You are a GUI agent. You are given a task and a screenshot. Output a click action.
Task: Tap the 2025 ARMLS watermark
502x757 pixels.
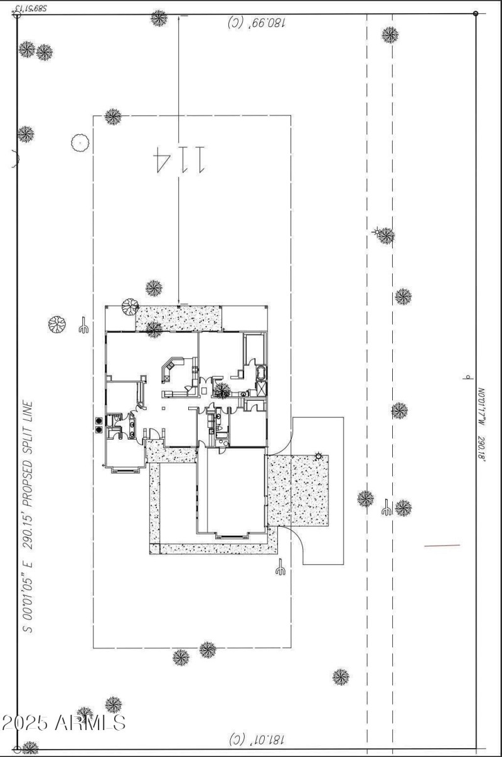63,723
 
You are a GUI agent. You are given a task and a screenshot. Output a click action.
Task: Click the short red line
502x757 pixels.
442,546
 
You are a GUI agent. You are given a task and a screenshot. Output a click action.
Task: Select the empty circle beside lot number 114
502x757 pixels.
79,143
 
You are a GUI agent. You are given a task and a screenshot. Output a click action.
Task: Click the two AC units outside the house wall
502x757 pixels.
99,425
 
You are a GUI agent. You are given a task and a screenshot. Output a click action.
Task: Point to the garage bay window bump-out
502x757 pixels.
232,535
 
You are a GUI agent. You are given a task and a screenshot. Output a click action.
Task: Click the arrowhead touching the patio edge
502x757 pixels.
179,303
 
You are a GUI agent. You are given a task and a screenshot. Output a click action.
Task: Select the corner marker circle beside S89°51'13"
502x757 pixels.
18,14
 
